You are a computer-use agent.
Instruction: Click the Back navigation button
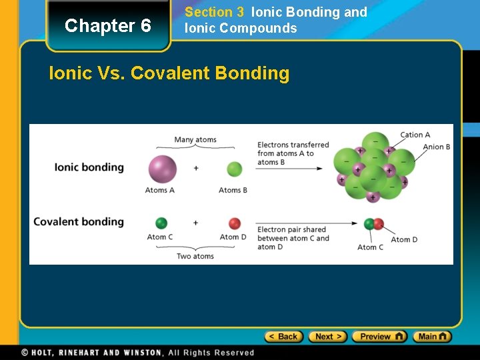click(x=283, y=337)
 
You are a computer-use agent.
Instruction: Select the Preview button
click(x=379, y=337)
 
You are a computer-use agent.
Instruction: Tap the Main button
click(x=432, y=337)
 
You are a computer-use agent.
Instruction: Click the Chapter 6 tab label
click(x=107, y=26)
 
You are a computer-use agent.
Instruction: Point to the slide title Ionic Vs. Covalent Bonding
click(x=169, y=73)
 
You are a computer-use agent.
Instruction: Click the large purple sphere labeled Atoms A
click(x=162, y=168)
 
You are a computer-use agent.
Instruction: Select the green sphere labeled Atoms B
click(x=234, y=169)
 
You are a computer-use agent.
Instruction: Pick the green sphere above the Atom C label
click(x=161, y=223)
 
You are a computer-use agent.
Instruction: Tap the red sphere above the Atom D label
click(x=234, y=223)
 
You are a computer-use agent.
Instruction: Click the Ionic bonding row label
click(x=89, y=167)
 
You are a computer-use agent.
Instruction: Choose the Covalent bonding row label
click(x=79, y=222)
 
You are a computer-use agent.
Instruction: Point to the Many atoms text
click(x=195, y=140)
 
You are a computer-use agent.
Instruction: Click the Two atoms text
click(x=195, y=256)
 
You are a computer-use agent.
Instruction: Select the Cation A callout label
click(x=415, y=135)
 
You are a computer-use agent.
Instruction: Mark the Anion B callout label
click(x=436, y=147)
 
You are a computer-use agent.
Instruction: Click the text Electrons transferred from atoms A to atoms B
click(x=293, y=153)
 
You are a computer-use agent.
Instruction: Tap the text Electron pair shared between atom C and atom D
click(x=293, y=238)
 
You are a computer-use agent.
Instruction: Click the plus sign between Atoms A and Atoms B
click(x=196, y=169)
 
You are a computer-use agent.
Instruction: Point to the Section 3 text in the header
click(x=214, y=12)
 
